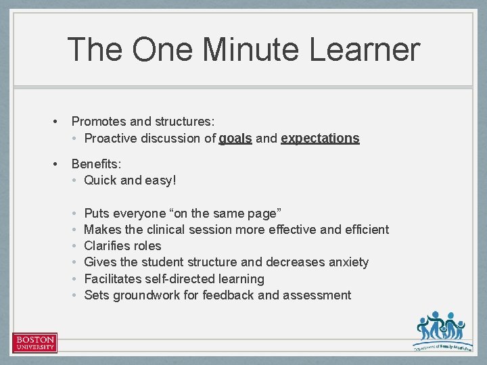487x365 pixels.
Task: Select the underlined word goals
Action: [235, 139]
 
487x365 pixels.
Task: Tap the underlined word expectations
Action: [320, 139]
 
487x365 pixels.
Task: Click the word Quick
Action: [100, 180]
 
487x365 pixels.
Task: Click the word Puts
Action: [96, 214]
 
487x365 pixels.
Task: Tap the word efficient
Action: [365, 230]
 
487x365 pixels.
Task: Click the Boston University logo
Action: [34, 343]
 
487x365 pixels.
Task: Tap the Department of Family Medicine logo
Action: [440, 331]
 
